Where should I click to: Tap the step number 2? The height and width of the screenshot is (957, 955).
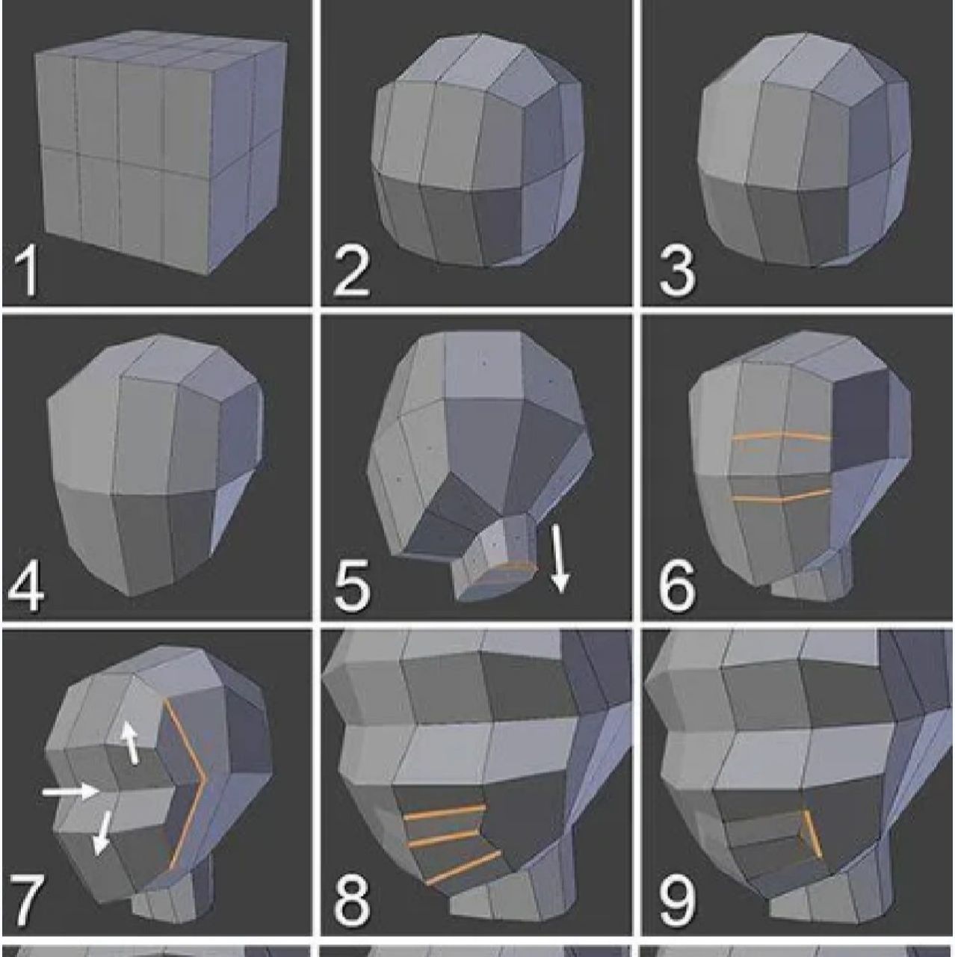351,271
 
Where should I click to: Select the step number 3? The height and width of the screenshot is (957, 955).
676,271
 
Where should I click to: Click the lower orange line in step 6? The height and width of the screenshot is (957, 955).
781,496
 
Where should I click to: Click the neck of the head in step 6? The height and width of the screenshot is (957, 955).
811,579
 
